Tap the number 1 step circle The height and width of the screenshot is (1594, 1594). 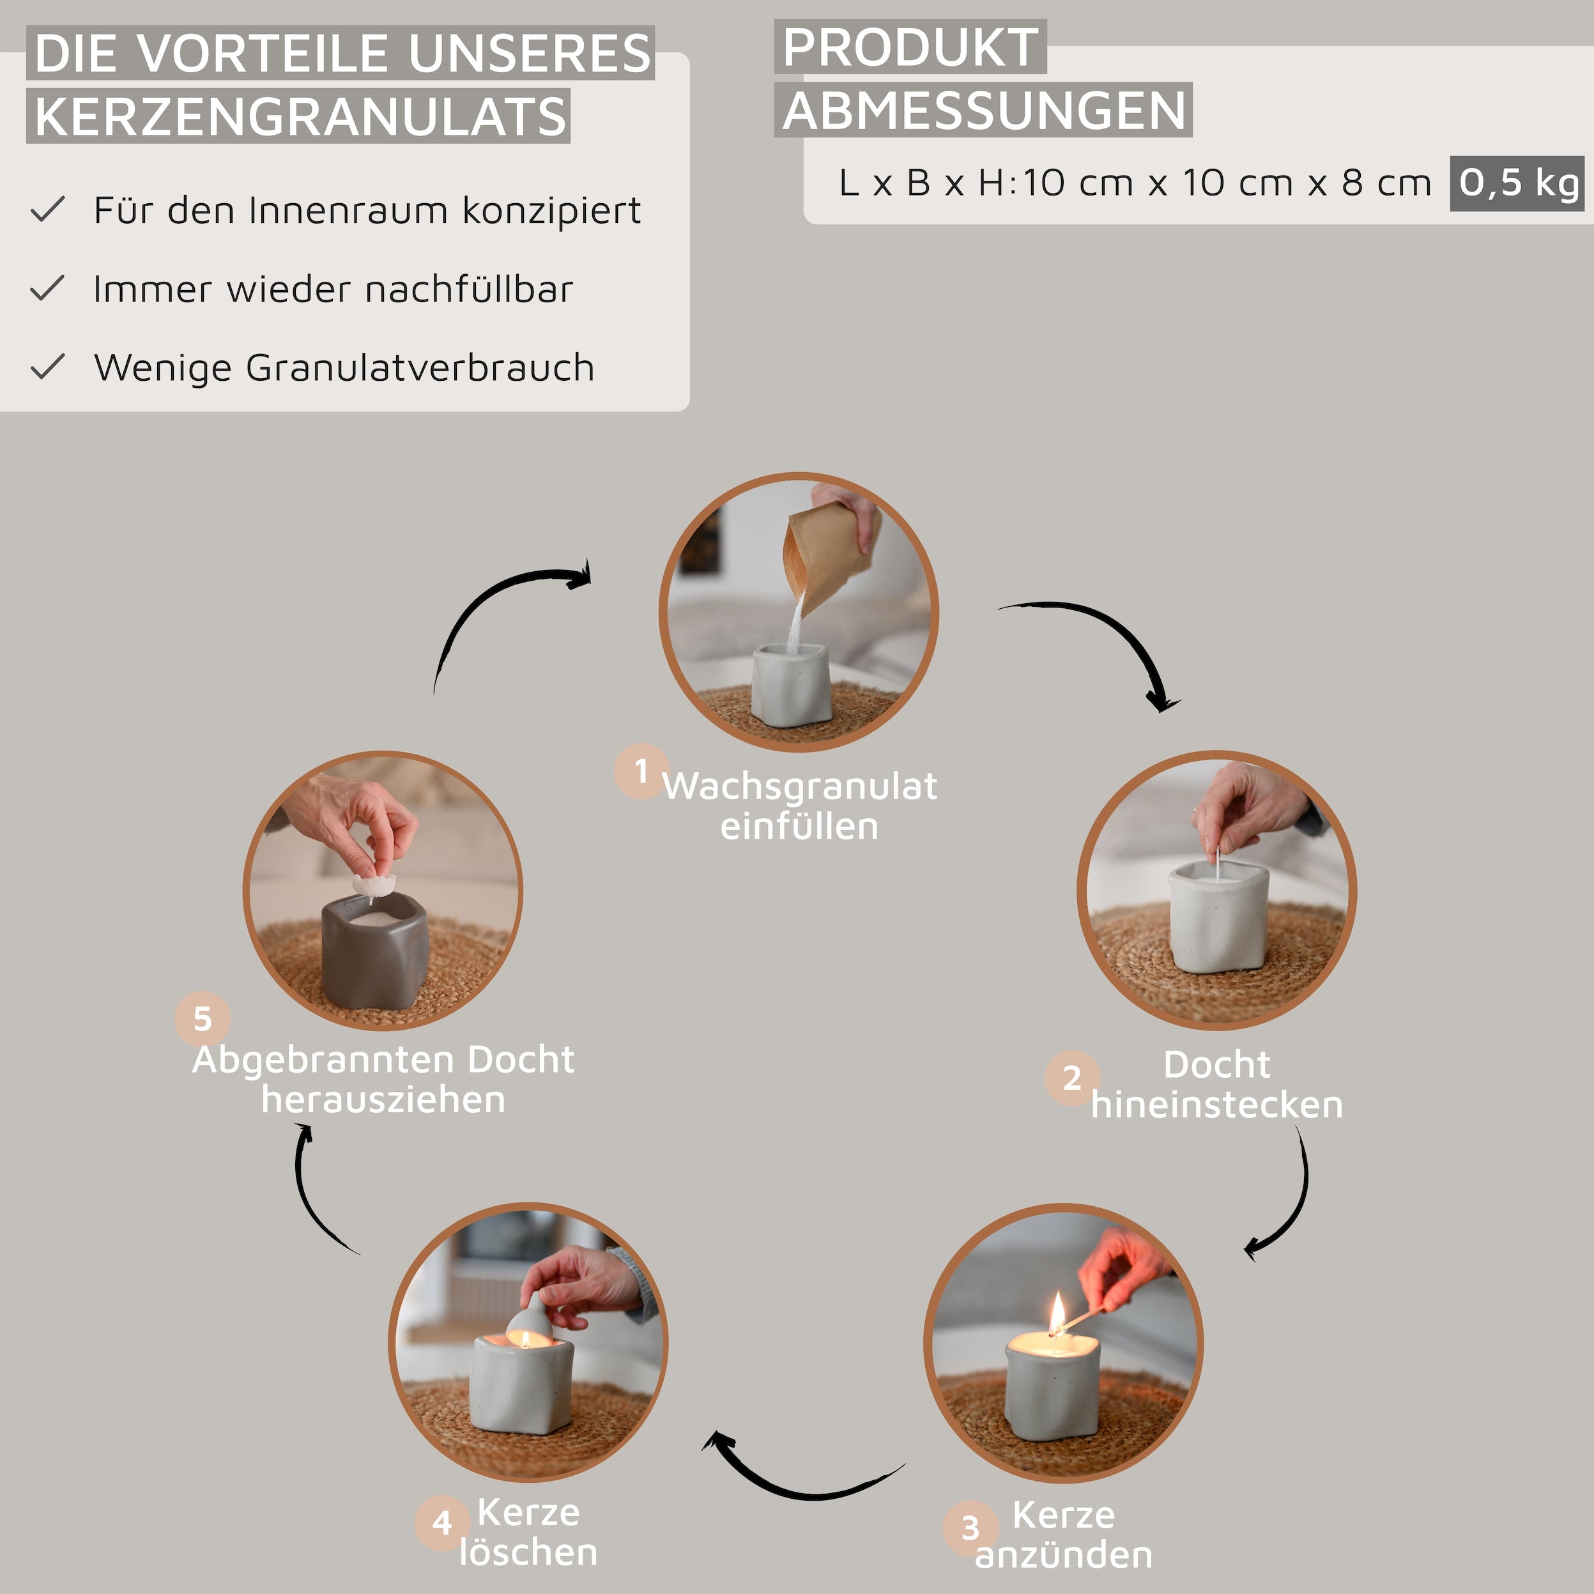(641, 771)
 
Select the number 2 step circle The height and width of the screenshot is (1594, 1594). (1072, 1078)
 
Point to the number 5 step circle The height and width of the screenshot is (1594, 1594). (202, 1019)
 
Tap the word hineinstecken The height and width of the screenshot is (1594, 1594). (1217, 1105)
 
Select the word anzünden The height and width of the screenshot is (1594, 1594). (1064, 1555)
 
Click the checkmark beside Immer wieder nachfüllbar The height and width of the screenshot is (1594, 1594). (47, 288)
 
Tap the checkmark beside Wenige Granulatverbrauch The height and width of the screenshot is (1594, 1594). (47, 366)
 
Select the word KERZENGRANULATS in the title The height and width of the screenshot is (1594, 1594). (300, 116)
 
